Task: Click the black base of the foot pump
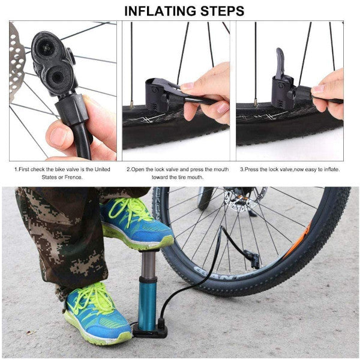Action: click(x=152, y=331)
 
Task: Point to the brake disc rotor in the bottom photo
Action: click(x=239, y=204)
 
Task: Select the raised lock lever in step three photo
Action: click(x=280, y=63)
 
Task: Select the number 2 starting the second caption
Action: click(x=128, y=169)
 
